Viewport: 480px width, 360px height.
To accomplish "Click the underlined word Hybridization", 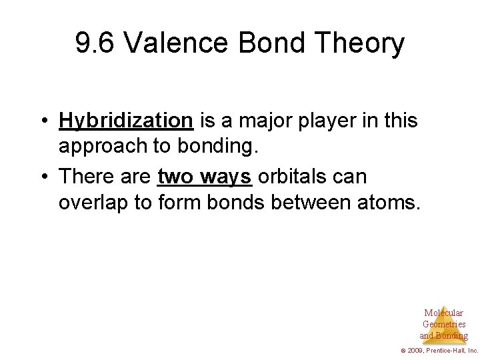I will (x=126, y=121).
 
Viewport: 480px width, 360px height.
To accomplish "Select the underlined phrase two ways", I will (x=205, y=178).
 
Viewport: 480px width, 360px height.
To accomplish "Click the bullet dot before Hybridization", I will (x=43, y=122).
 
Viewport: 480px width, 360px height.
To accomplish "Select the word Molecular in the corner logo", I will (x=443, y=313).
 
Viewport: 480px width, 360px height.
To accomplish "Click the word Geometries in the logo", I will (x=444, y=324).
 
